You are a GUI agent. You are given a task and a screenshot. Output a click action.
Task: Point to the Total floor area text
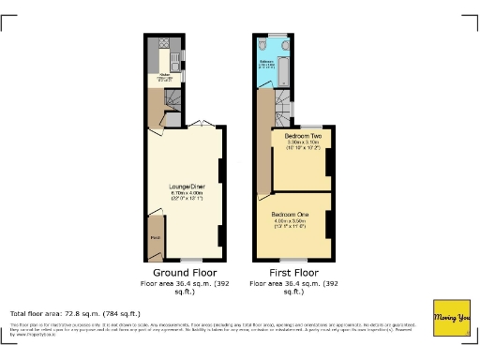(x=75, y=313)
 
